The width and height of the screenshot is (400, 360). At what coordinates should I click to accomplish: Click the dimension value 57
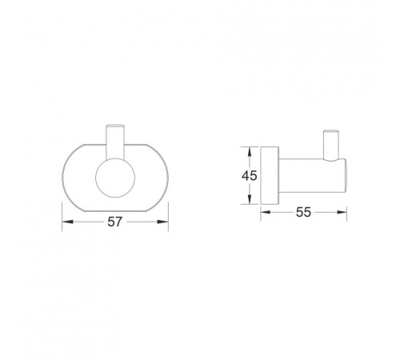[115, 222]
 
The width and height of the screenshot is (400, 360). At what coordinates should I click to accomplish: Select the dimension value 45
[250, 175]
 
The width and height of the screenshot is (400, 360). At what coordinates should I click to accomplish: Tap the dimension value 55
[303, 212]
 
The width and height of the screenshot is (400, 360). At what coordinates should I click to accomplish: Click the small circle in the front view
[115, 178]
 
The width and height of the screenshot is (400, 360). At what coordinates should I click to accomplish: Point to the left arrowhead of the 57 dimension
[67, 222]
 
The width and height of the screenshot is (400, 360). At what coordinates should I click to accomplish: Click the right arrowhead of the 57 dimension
[163, 222]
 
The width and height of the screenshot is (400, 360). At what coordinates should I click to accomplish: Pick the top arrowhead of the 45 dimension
[250, 152]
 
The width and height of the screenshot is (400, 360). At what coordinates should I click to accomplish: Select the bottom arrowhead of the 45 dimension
[250, 199]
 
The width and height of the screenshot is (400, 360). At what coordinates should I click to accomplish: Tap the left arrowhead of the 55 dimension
[266, 212]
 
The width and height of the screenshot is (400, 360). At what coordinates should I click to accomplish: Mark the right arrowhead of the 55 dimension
[342, 212]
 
